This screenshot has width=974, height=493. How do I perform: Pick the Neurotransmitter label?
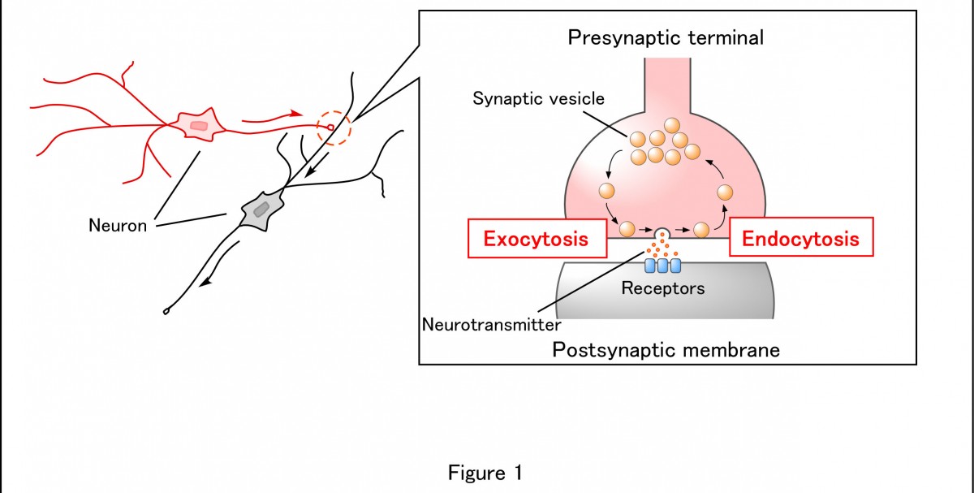coord(492,325)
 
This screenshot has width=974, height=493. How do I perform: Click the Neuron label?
coord(118,226)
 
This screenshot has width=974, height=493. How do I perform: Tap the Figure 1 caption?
coord(486,473)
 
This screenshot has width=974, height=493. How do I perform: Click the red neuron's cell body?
coord(198,125)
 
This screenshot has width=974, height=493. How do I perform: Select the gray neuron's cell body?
coord(261,210)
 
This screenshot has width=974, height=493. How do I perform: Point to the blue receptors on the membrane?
coord(663,266)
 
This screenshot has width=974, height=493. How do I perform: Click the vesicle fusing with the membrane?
coord(663,232)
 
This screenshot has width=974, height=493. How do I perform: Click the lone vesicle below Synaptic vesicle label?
coord(605,192)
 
